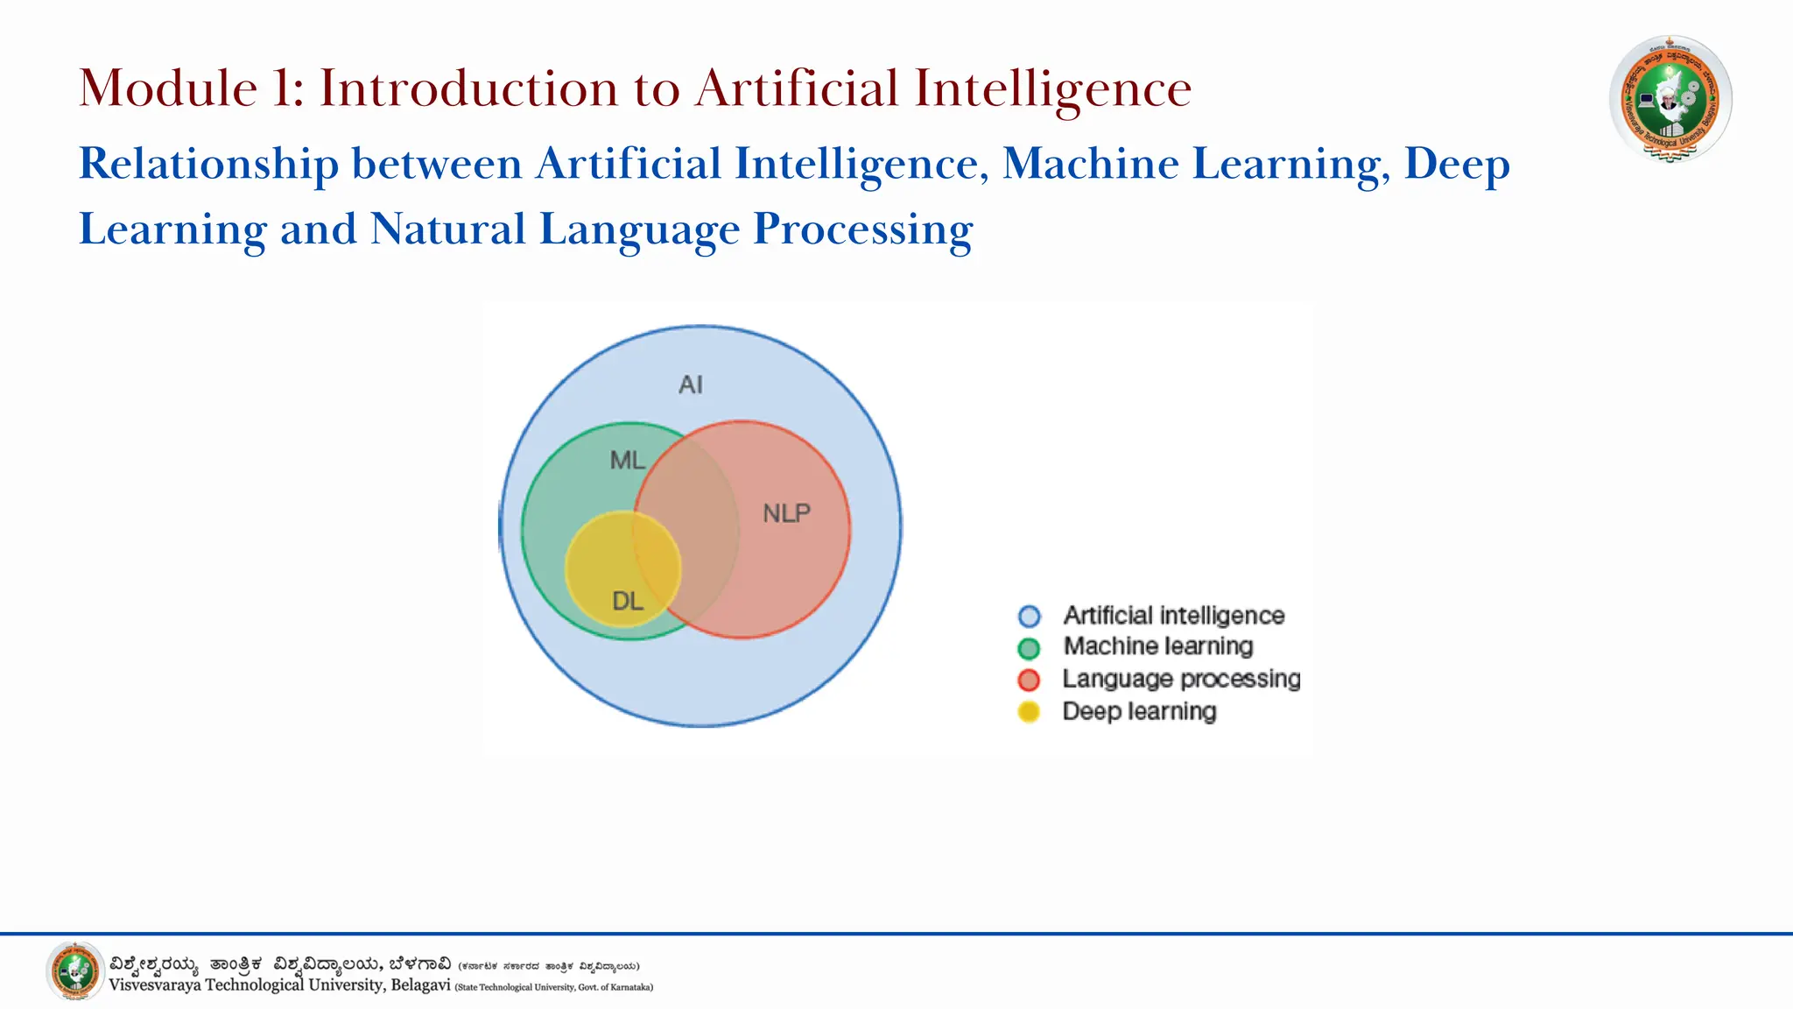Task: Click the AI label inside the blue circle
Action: [x=691, y=385]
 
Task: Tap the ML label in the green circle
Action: [x=627, y=460]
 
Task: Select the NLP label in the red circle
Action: [x=786, y=513]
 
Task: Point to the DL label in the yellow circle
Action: [x=627, y=601]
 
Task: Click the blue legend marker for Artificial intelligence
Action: [x=1030, y=617]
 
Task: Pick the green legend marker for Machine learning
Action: [x=1030, y=648]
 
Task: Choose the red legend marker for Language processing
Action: [x=1030, y=680]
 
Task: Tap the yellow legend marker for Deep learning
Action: [x=1030, y=712]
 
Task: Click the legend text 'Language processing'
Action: [x=1181, y=679]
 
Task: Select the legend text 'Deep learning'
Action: [x=1139, y=711]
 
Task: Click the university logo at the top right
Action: [x=1670, y=99]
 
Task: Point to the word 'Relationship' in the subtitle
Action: [x=208, y=164]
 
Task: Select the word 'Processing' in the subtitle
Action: [x=862, y=229]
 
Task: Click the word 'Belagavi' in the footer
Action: [x=420, y=985]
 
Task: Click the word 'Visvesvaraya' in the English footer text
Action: [x=154, y=985]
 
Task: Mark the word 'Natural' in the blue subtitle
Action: [x=447, y=229]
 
